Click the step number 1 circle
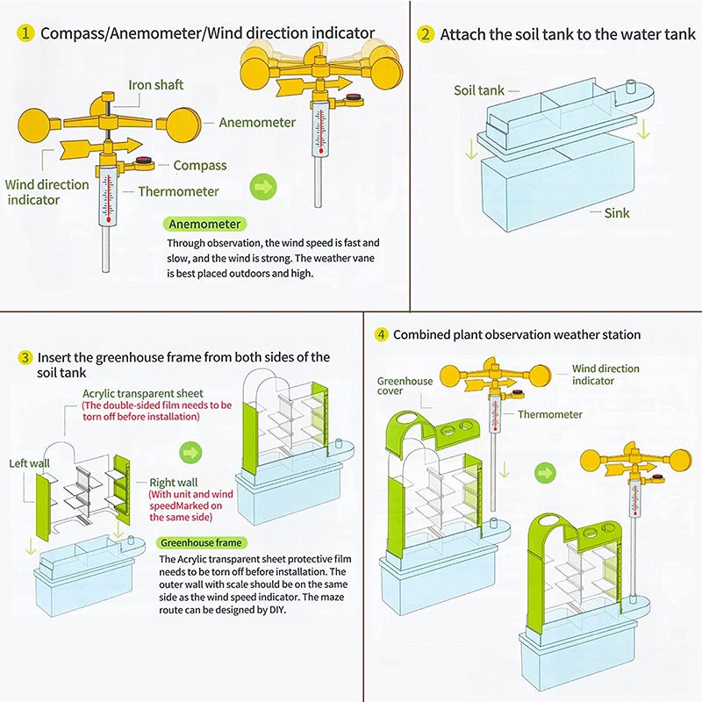point(26,33)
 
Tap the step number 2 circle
point(426,34)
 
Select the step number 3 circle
point(26,357)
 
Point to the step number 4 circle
point(381,334)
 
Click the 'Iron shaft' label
point(156,85)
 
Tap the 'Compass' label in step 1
point(199,165)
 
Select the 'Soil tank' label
point(479,90)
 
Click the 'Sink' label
point(617,212)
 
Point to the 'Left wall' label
point(30,463)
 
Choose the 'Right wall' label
point(174,483)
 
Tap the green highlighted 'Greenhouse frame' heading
point(201,543)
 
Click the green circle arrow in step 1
point(263,186)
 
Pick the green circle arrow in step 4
point(547,473)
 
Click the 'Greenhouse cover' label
point(405,386)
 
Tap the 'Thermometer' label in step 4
point(549,414)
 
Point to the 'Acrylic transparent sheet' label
point(143,393)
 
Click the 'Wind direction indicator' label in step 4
point(605,375)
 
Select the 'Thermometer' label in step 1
point(178,191)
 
